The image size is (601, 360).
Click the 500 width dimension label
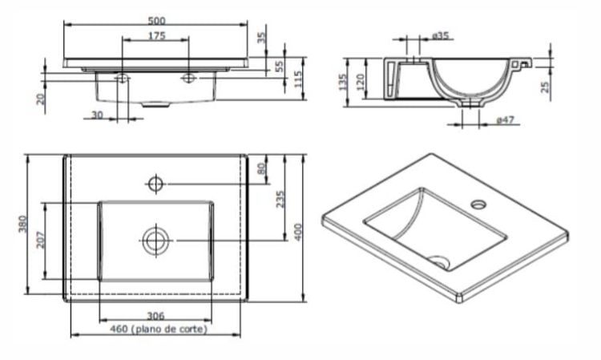[x=156, y=20]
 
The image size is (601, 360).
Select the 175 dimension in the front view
[x=157, y=35]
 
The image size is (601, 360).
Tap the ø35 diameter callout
[x=441, y=35]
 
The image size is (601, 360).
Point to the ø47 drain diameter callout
[x=505, y=120]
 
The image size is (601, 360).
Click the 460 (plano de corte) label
[x=159, y=329]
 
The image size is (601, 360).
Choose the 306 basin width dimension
[x=156, y=316]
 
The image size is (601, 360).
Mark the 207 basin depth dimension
[x=41, y=241]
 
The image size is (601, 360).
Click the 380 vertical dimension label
[x=23, y=224]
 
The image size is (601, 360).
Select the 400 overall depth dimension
[x=298, y=232]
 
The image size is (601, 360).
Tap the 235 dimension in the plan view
[x=280, y=200]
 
